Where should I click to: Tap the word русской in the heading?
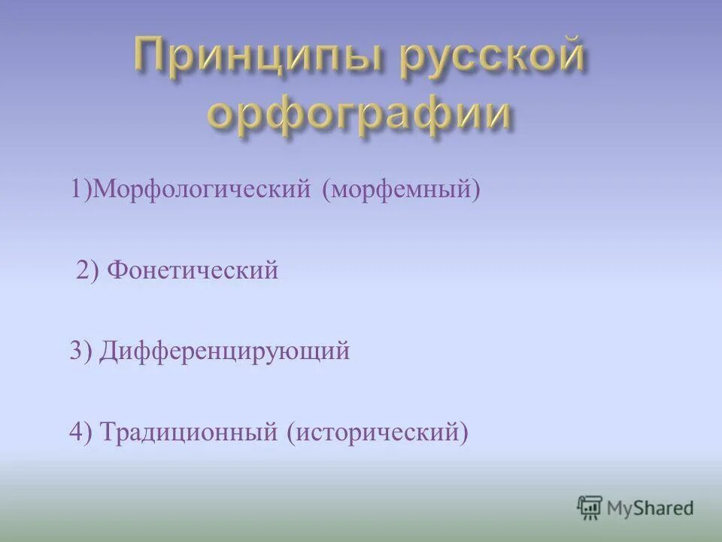coord(492,59)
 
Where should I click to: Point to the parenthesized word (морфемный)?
coord(401,190)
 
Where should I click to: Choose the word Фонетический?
coord(193,270)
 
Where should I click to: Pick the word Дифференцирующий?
coord(225,352)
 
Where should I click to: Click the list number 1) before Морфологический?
coord(81,190)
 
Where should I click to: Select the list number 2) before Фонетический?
coord(88,270)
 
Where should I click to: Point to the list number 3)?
coord(80,352)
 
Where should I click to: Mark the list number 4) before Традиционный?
coord(80,432)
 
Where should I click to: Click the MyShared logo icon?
coord(590,508)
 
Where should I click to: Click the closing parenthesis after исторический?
coord(464,432)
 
